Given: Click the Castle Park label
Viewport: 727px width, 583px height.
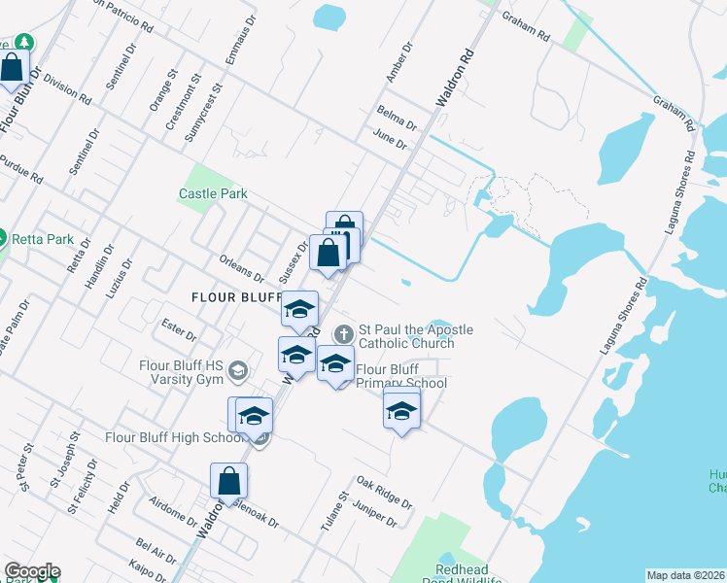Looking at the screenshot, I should point(213,193).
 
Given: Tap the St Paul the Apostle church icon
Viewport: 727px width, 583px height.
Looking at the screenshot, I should point(343,334).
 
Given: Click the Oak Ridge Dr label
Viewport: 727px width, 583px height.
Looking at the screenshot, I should point(384,493).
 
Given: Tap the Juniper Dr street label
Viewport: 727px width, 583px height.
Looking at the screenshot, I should point(376,513).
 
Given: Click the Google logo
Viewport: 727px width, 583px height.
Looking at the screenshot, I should point(32,572).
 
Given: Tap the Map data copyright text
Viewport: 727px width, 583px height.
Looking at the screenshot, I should point(686,575).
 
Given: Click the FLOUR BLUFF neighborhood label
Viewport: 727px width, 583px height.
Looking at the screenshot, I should point(236,297).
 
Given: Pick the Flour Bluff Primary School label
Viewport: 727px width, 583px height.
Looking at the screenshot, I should point(400,376).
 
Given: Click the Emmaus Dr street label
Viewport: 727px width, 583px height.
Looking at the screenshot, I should point(241,39).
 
